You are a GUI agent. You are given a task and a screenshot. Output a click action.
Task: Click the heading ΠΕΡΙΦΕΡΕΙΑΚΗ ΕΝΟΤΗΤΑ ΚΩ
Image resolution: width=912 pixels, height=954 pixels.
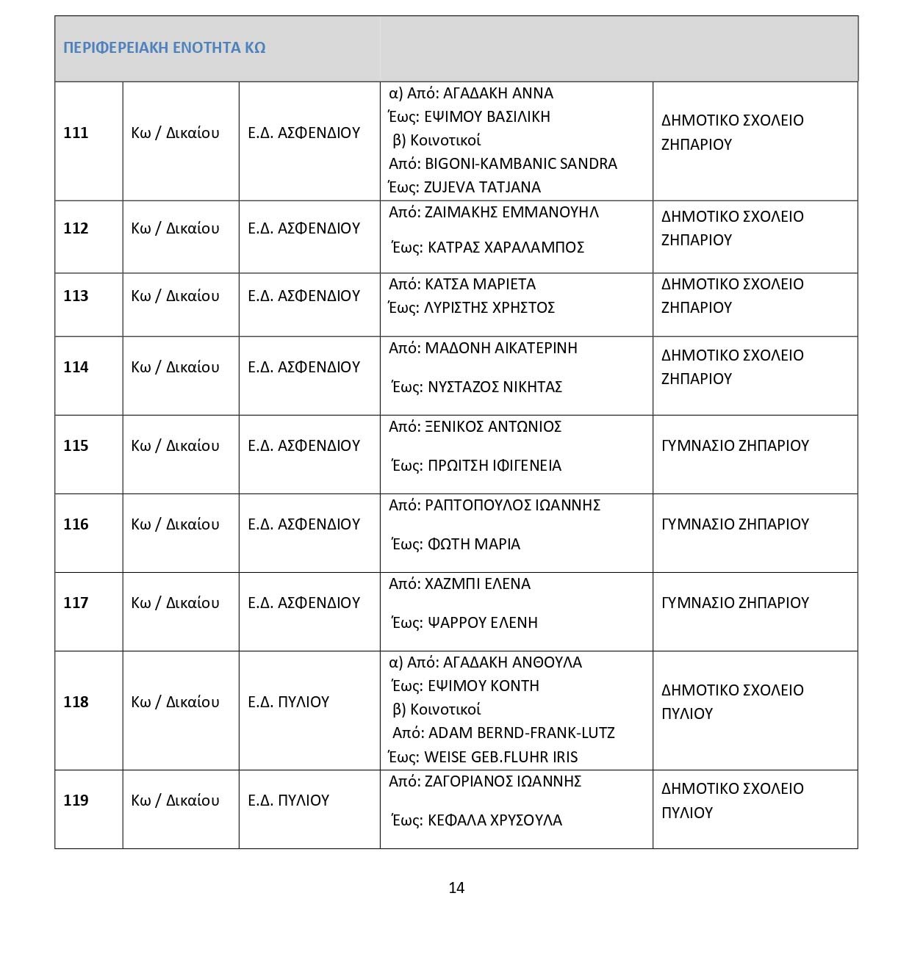164,48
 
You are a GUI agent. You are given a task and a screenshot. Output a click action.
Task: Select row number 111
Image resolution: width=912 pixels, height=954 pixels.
76,133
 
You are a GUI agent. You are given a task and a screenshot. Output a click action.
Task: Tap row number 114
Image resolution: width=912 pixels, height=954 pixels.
76,367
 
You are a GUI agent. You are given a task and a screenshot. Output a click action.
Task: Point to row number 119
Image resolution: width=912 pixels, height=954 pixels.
76,801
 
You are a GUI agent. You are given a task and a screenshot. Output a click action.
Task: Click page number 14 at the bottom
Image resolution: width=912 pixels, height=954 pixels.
456,888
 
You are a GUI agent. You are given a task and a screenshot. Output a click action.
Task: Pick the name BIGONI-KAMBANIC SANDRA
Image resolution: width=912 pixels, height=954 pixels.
521,164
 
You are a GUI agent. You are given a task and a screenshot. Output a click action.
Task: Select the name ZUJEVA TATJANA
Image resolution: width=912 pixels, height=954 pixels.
482,187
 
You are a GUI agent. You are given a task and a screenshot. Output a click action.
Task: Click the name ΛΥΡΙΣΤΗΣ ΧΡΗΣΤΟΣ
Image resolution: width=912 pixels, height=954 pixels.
489,308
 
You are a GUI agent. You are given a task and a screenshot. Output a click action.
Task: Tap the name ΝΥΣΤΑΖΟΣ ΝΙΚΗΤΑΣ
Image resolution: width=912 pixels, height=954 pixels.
495,387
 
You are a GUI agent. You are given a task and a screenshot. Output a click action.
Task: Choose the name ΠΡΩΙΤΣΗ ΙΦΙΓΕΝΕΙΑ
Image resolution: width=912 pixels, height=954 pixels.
495,466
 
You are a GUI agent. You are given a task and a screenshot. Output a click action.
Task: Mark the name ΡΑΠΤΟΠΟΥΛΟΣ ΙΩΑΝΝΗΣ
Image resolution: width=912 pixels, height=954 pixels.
513,505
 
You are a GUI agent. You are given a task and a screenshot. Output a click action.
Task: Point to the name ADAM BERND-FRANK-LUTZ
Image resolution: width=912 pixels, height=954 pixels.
521,733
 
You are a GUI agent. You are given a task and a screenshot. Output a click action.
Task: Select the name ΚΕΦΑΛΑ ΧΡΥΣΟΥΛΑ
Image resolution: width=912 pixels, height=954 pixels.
495,820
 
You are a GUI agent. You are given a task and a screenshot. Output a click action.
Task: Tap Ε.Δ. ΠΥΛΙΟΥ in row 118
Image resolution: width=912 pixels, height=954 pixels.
289,702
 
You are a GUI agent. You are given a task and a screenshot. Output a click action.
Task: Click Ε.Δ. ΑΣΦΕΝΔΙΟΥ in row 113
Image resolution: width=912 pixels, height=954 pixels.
304,296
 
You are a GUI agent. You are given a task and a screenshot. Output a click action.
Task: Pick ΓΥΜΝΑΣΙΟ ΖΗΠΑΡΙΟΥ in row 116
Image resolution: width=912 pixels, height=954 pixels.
735,524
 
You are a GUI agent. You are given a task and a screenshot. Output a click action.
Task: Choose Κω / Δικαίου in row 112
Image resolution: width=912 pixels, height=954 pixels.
175,228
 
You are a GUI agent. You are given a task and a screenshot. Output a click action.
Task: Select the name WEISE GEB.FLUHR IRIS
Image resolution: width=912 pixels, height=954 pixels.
500,757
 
